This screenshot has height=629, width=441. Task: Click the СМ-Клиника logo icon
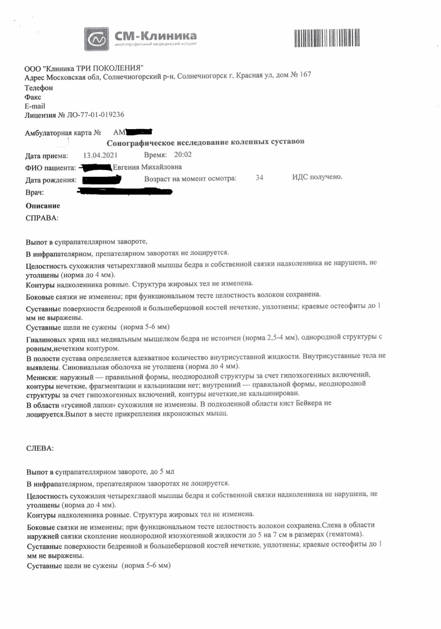pyautogui.click(x=98, y=38)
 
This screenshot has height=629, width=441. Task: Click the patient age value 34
pyautogui.click(x=260, y=178)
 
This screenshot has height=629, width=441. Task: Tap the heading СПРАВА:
pyautogui.click(x=42, y=218)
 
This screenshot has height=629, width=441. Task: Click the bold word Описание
pyautogui.click(x=43, y=206)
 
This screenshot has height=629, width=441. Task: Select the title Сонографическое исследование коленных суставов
pyautogui.click(x=205, y=142)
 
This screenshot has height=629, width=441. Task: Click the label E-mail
pyautogui.click(x=35, y=106)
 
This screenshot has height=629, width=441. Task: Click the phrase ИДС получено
pyautogui.click(x=318, y=177)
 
